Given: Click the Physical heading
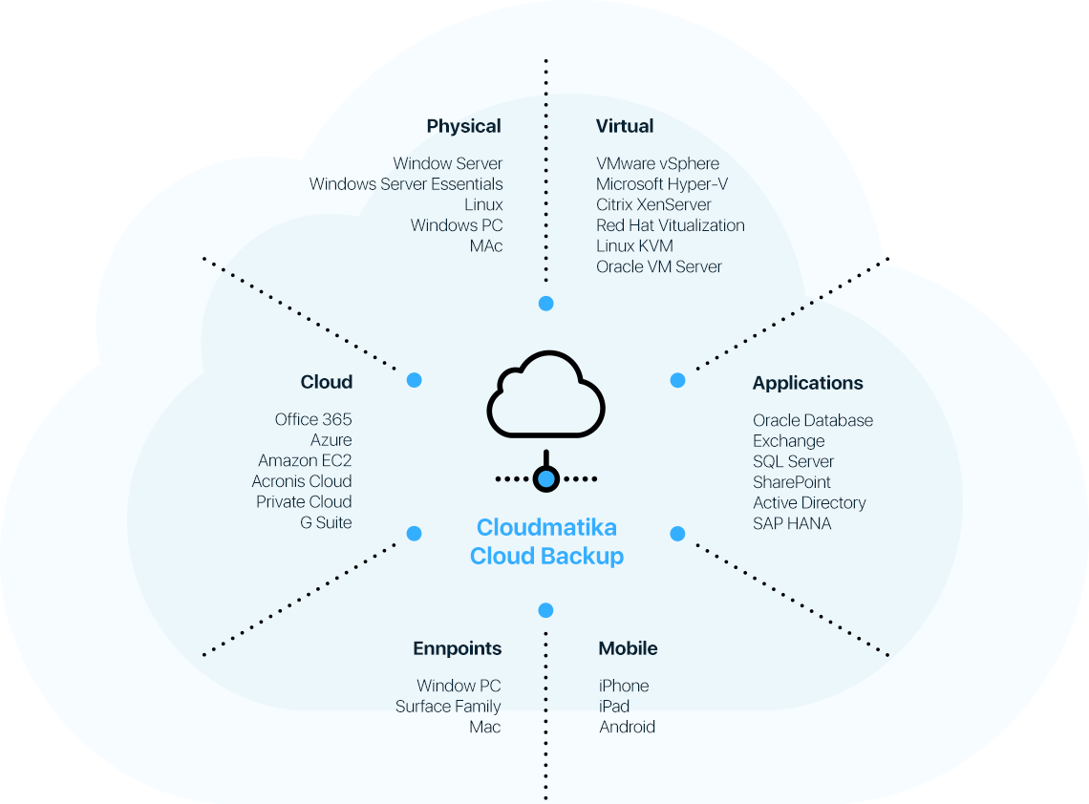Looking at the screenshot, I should point(463,126).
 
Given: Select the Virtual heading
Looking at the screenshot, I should point(625,126).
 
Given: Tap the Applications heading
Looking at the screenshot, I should point(807,383).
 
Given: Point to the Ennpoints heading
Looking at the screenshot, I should point(457,648).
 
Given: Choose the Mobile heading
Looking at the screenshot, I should point(628,648).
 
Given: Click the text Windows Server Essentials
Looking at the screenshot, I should point(406,184).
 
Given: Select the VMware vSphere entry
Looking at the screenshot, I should point(657,163).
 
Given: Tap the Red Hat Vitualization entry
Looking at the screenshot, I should point(670,225).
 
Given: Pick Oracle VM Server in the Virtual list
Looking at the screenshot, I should point(658,266).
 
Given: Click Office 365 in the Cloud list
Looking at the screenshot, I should point(313,419).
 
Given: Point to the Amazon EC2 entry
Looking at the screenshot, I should point(305,460).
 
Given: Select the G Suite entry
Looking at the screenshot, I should point(326,522).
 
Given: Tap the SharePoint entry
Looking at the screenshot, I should point(791,482).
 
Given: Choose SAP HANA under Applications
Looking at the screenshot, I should point(792,523).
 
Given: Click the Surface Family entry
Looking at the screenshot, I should point(448,707).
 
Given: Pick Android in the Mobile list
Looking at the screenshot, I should point(627,727).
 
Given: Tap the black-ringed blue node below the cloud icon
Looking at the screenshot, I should point(545,478).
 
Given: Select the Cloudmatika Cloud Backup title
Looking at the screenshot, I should point(546,541).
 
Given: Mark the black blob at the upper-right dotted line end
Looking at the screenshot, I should point(892,255).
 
